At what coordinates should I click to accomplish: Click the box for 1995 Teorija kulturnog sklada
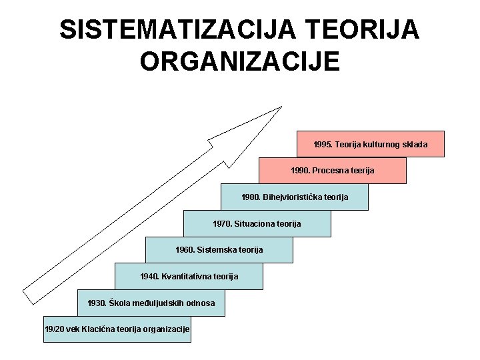(x=370, y=144)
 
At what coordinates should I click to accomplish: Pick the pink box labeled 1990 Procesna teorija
(x=332, y=171)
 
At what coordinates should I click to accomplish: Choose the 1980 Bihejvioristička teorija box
(x=294, y=197)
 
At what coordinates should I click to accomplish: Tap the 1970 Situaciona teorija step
(x=257, y=223)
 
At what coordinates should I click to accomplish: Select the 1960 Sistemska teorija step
(x=219, y=249)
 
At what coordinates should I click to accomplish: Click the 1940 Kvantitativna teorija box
(x=189, y=276)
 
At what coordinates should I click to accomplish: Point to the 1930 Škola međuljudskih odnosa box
(x=151, y=303)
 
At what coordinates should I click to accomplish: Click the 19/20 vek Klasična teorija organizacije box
(x=117, y=329)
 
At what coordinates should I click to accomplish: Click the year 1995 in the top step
(x=323, y=144)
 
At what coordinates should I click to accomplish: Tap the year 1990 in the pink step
(x=300, y=171)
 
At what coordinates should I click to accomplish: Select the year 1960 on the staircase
(x=185, y=249)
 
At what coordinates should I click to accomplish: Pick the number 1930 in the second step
(x=97, y=303)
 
